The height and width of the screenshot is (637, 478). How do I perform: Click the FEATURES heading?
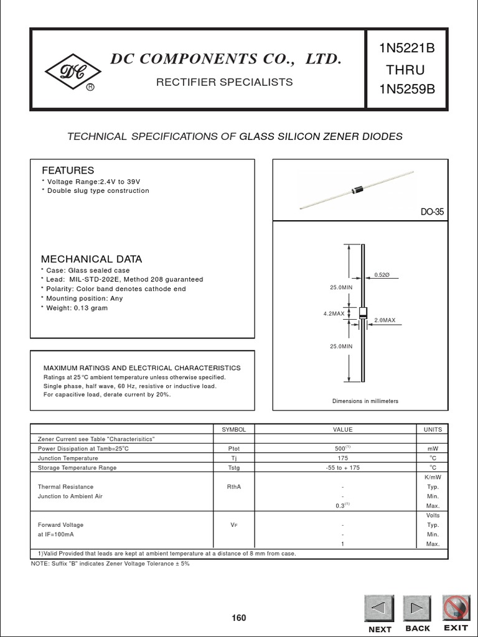pyautogui.click(x=68, y=170)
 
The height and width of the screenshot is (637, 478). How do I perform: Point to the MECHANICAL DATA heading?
pyautogui.click(x=91, y=259)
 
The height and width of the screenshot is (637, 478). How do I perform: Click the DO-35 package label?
pyautogui.click(x=432, y=212)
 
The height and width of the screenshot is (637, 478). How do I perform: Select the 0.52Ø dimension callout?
pyautogui.click(x=382, y=274)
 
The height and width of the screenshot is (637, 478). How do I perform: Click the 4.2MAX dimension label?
pyautogui.click(x=334, y=314)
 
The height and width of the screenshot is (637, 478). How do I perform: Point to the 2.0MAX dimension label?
pyautogui.click(x=385, y=320)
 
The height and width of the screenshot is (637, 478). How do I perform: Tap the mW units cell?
pyautogui.click(x=433, y=449)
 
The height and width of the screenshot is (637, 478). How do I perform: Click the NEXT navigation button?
pyautogui.click(x=379, y=608)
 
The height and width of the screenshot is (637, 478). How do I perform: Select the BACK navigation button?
pyautogui.click(x=418, y=608)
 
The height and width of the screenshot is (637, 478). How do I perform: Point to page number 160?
pyautogui.click(x=239, y=618)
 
